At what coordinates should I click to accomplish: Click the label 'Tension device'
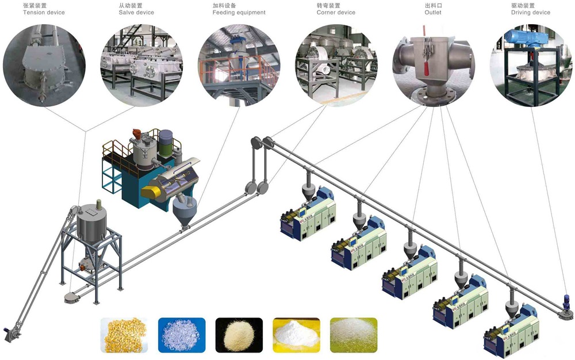point(44,12)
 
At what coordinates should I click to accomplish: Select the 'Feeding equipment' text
point(239,12)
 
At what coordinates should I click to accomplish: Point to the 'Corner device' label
point(336,12)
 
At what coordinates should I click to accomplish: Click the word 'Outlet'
point(433,12)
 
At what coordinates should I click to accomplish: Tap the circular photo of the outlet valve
point(433,63)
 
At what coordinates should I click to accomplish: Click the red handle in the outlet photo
point(426,70)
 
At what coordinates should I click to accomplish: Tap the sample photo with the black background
point(239,335)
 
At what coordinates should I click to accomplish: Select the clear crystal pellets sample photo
point(181,335)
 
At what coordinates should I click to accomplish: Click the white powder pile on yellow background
point(296,335)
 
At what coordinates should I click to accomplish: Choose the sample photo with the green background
point(354,335)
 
